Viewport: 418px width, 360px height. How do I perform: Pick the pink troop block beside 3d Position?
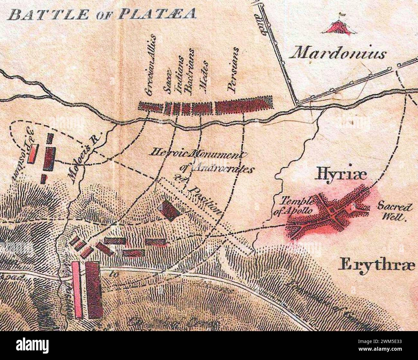point(33,154)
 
